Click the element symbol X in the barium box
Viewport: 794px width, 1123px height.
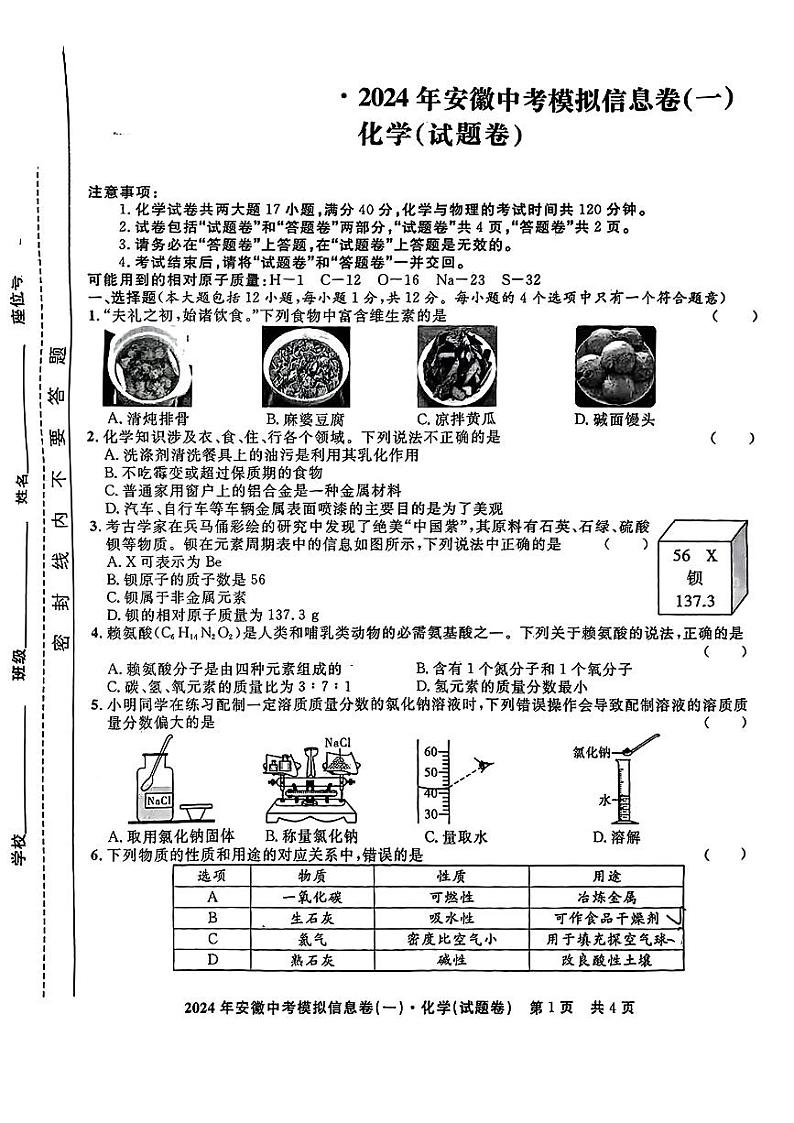711,555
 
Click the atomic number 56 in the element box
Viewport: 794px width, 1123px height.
682,555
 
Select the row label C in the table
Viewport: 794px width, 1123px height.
212,939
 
